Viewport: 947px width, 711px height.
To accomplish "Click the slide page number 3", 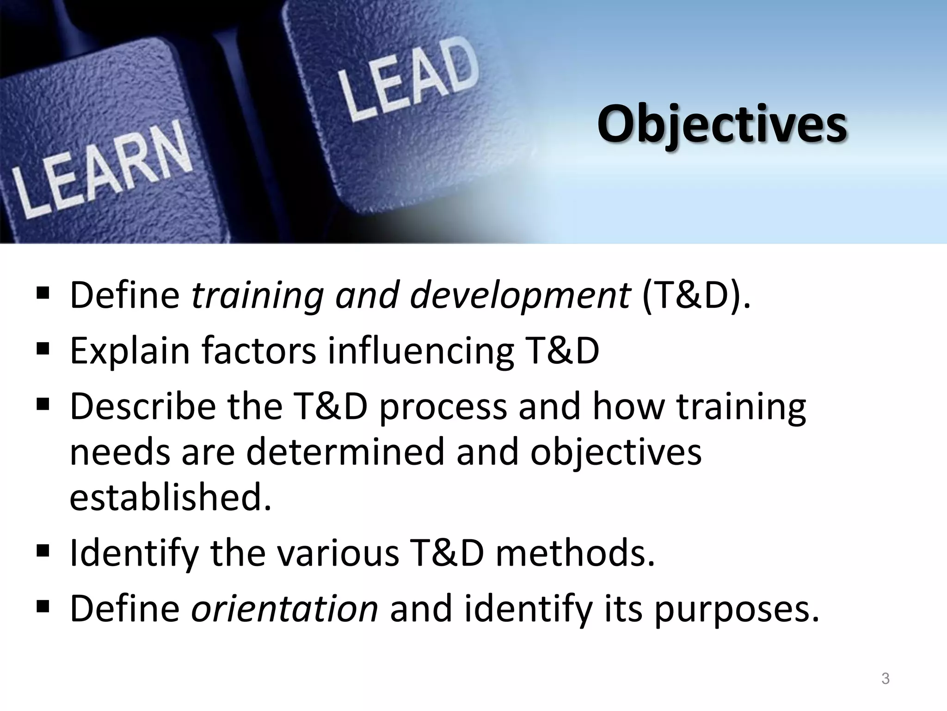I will pos(885,679).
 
